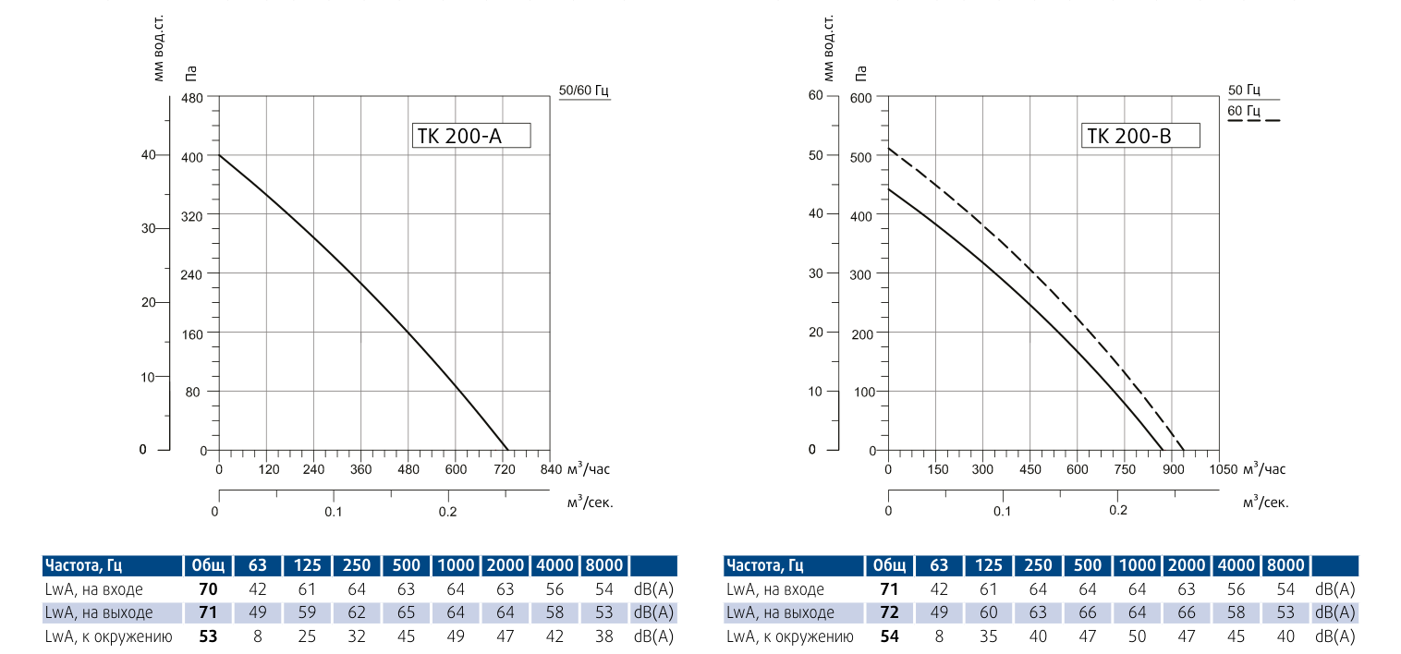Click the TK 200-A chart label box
point(469,136)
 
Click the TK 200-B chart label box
point(1140,136)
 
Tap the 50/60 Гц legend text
point(585,90)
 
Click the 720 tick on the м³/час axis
point(505,469)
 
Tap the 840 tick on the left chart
point(551,469)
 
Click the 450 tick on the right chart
point(1029,469)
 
